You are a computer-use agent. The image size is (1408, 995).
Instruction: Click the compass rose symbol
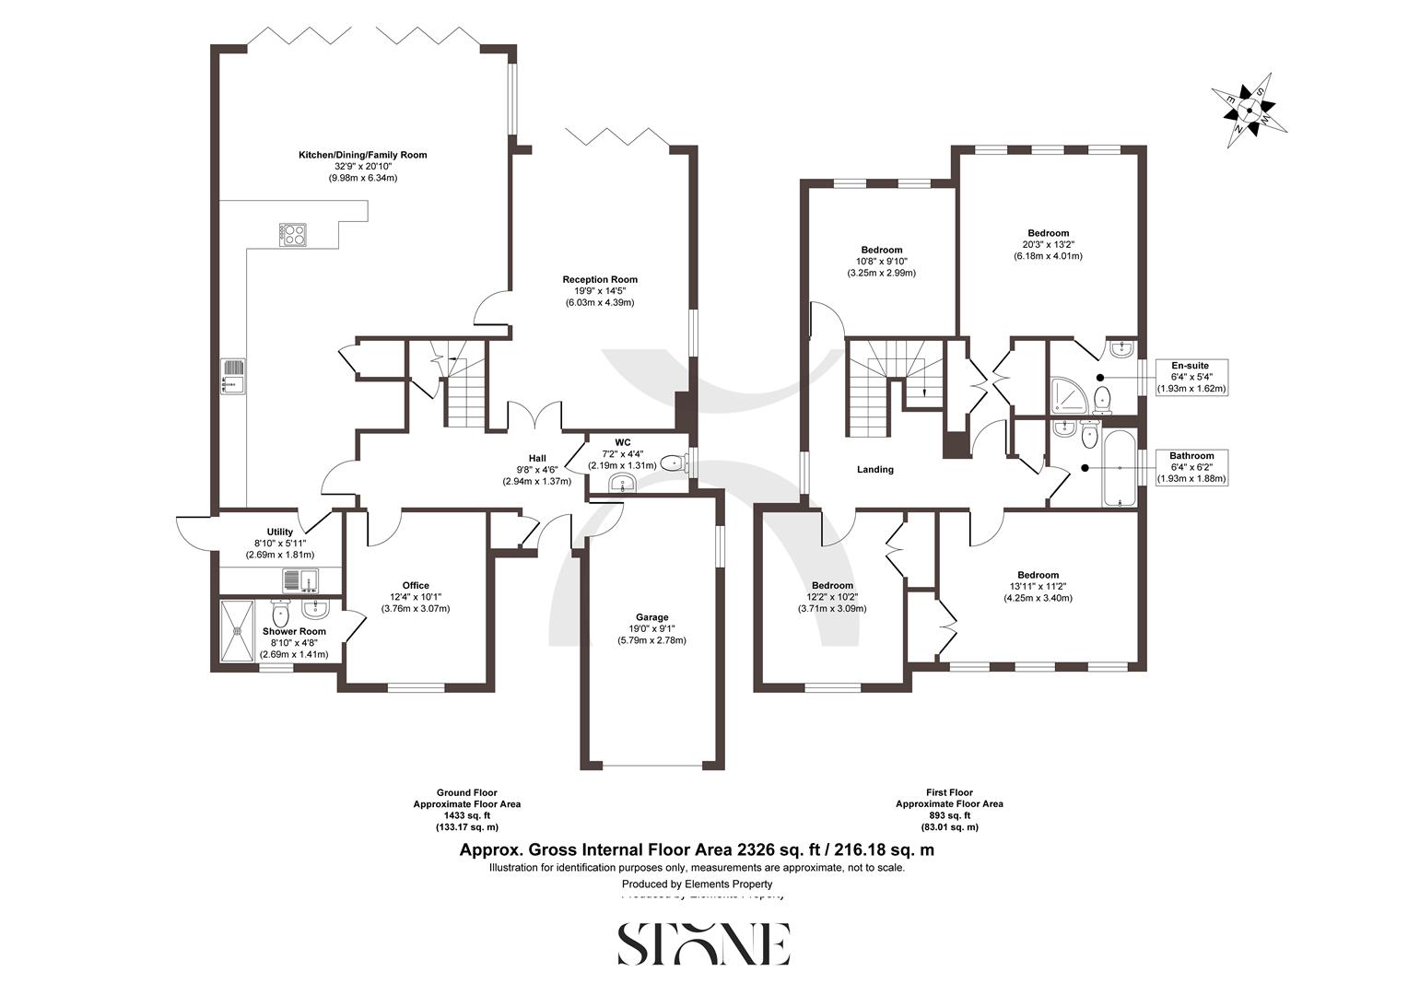pyautogui.click(x=1248, y=110)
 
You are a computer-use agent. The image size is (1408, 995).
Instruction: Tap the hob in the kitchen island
pyautogui.click(x=294, y=235)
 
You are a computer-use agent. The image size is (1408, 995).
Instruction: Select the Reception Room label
pyautogui.click(x=600, y=279)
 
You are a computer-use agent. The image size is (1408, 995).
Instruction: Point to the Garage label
pyautogui.click(x=651, y=617)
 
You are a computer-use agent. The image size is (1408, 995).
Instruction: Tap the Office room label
pyautogui.click(x=416, y=585)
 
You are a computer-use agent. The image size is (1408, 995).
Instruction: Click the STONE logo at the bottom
pyautogui.click(x=703, y=942)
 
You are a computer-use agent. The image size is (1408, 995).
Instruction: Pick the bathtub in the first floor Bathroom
pyautogui.click(x=1120, y=468)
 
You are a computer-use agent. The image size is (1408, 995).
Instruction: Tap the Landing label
pyautogui.click(x=874, y=469)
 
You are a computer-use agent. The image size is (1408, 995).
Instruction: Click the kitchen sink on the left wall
pyautogui.click(x=234, y=376)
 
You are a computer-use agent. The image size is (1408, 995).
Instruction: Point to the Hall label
pyautogui.click(x=537, y=458)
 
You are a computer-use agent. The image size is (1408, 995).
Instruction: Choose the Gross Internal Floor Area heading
pyautogui.click(x=697, y=850)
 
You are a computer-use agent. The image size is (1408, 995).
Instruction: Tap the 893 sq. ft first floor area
pyautogui.click(x=949, y=815)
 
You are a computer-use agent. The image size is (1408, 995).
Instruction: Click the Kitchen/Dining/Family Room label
pyautogui.click(x=362, y=155)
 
